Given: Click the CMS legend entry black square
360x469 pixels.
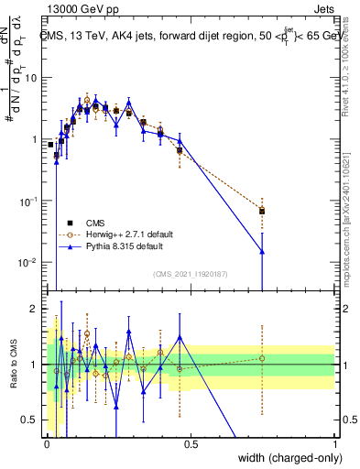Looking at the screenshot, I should tap(70, 223).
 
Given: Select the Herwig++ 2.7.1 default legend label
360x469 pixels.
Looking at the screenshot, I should tap(127, 234).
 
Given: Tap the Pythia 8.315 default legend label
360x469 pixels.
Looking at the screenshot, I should tap(124, 246).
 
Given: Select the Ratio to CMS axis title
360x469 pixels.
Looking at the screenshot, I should tap(14, 365).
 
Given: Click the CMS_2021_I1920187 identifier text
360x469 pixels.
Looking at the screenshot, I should tap(191, 273).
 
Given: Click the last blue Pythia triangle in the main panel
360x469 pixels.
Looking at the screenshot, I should tap(262, 251).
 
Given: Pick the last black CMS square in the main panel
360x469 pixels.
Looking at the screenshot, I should tap(262, 212).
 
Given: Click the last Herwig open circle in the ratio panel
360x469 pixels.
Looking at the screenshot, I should tap(262, 358).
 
